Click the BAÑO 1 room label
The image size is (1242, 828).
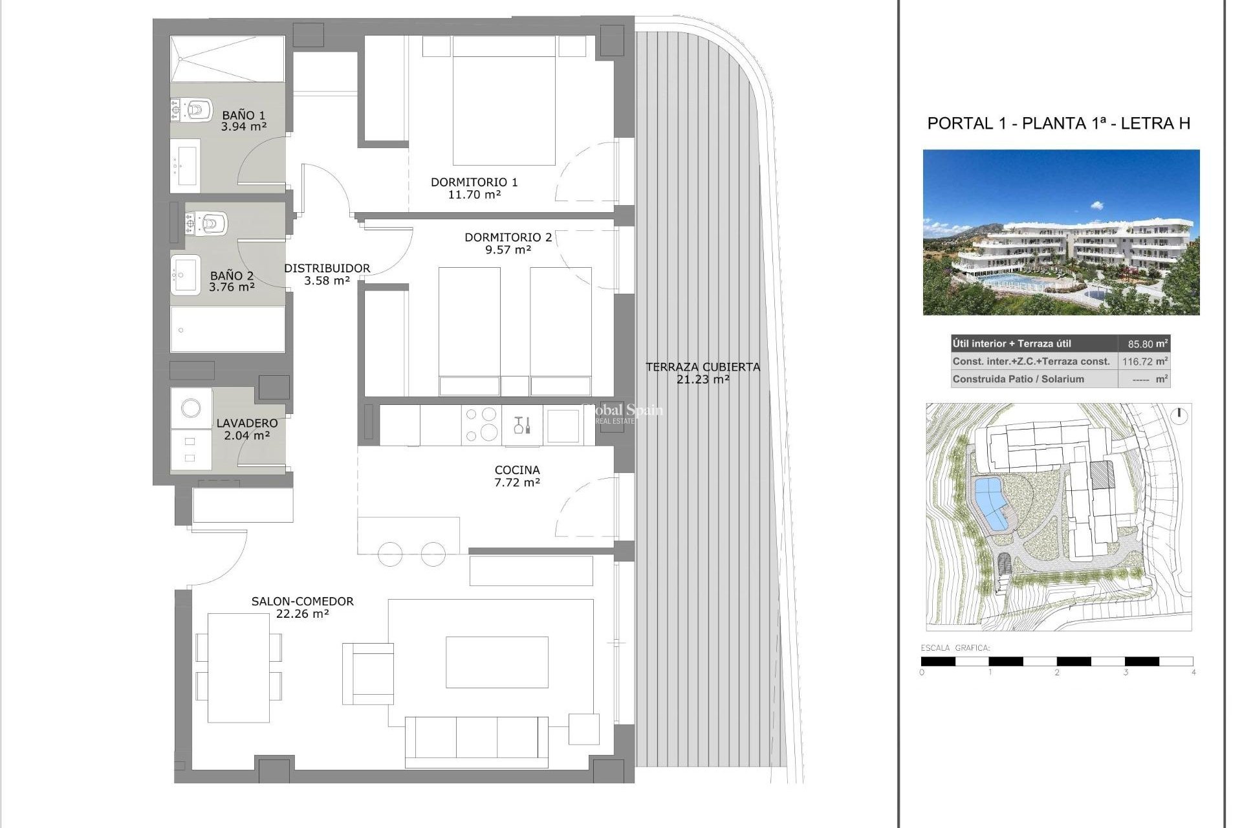[243, 116]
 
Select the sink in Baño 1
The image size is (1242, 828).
[187, 166]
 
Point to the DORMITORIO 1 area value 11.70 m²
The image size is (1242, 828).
[474, 194]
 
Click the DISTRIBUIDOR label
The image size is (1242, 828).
[327, 268]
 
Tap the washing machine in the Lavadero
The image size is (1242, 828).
[191, 408]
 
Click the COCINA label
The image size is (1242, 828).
[517, 470]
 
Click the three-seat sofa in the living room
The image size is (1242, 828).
[477, 739]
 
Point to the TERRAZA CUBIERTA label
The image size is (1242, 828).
[703, 367]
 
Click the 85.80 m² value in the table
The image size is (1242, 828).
[1144, 344]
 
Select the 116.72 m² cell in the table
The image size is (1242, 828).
[1144, 362]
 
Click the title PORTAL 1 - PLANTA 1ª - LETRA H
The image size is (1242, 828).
[1058, 124]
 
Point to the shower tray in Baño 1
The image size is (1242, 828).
[227, 59]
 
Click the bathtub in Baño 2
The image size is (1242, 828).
[227, 329]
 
